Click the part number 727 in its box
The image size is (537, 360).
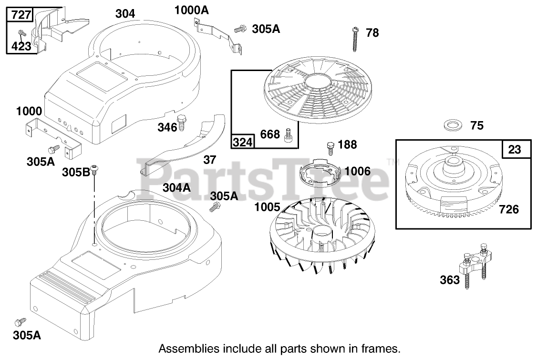click(21, 15)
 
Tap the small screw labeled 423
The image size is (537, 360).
click(21, 33)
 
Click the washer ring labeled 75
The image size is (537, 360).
click(453, 126)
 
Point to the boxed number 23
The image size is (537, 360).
click(515, 149)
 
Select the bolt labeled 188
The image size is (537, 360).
click(330, 147)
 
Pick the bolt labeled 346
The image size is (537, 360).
click(181, 123)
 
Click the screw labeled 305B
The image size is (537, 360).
click(95, 169)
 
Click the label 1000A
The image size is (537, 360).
click(193, 10)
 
